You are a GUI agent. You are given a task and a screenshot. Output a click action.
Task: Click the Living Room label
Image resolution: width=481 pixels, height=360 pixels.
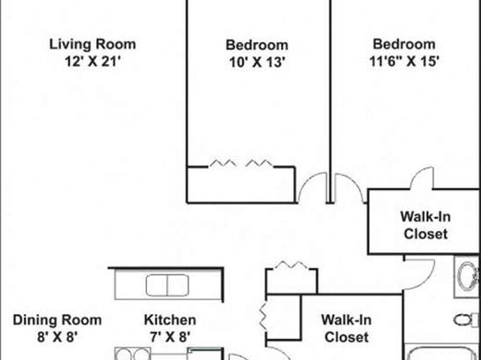tap(93, 44)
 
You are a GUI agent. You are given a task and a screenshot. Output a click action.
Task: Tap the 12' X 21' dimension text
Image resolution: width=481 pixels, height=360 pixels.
tap(92, 61)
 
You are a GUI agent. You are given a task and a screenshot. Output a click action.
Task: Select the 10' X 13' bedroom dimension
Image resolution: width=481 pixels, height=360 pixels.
tap(257, 62)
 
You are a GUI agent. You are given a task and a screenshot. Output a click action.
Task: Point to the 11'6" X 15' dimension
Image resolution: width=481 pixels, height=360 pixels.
tap(404, 61)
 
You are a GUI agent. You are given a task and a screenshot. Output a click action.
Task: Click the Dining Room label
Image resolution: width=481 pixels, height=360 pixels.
tap(57, 320)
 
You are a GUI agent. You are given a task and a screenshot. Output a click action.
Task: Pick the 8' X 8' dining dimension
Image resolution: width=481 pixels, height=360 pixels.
tap(57, 337)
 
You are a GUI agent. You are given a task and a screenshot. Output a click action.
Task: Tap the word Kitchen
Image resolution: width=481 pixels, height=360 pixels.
tap(170, 320)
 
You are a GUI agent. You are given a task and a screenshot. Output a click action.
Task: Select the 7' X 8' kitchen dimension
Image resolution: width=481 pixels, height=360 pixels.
tap(170, 337)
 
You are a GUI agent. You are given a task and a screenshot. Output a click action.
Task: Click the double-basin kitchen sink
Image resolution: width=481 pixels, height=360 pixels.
tap(167, 286)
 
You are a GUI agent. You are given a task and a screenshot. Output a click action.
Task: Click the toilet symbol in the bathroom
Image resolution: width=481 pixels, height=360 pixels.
tap(466, 320)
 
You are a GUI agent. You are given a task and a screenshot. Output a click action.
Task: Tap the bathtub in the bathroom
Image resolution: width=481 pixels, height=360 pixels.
tap(441, 353)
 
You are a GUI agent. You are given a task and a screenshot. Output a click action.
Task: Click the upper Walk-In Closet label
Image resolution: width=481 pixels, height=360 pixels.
tap(425, 225)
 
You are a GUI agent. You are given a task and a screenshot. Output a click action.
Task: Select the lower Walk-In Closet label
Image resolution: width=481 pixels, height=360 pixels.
tap(346, 329)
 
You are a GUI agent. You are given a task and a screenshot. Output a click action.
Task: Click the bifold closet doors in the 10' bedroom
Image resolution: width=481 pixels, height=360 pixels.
tap(241, 163)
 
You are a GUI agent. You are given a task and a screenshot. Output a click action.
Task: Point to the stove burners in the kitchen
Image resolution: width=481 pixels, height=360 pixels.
tap(132, 354)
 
